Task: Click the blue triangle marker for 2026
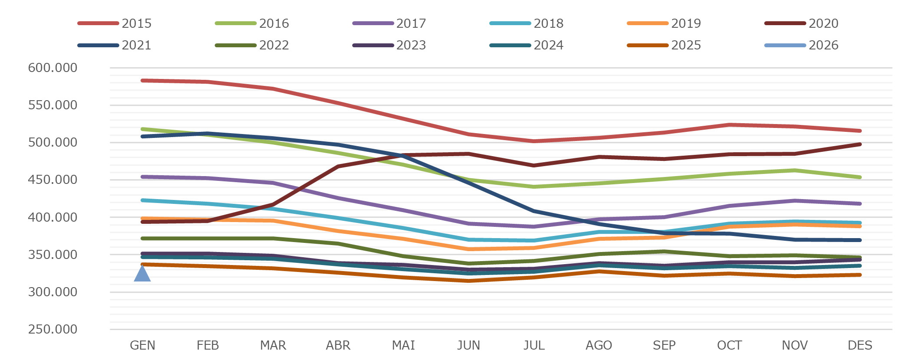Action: tap(142, 274)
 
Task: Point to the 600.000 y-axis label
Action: tap(52, 68)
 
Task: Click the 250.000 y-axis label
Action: tap(52, 329)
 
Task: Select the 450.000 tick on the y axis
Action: tap(52, 180)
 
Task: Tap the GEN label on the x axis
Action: tap(142, 345)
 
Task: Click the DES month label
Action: tap(860, 345)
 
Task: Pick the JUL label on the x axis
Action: tap(534, 345)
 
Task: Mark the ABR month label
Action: tap(338, 345)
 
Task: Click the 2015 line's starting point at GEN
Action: tap(143, 81)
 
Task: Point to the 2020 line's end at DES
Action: tap(860, 144)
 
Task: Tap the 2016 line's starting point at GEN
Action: tap(143, 129)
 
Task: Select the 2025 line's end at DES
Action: tap(860, 275)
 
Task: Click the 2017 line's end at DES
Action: tap(860, 204)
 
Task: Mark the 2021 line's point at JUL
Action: tap(534, 211)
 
